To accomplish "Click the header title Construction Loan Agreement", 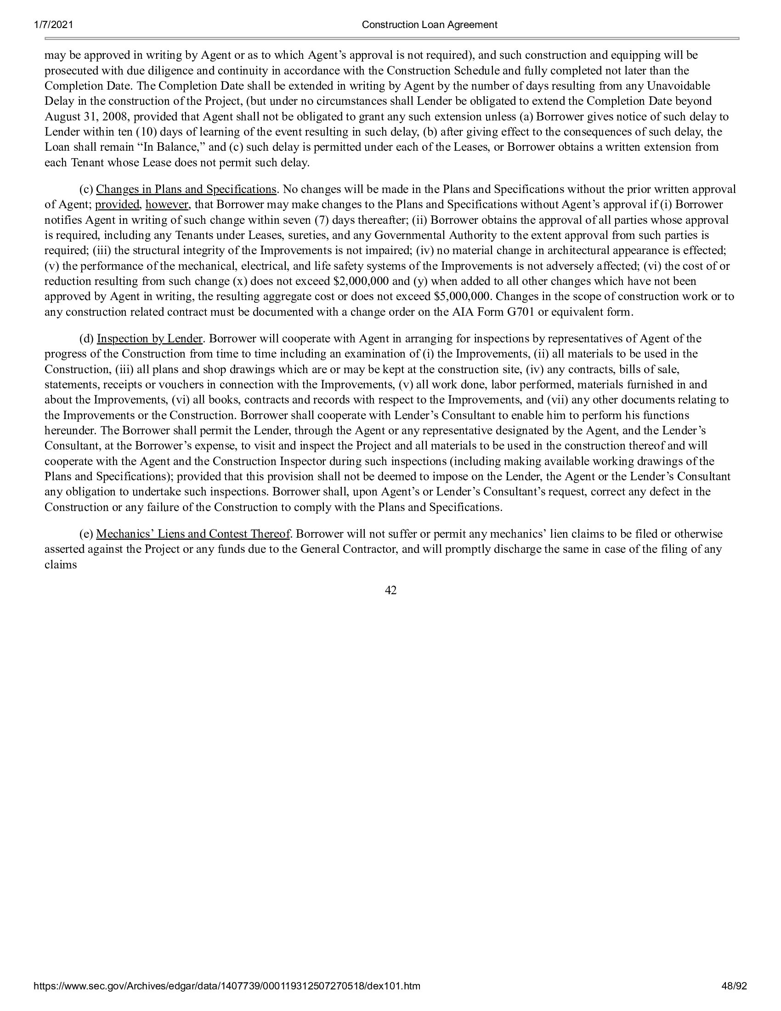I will point(430,25).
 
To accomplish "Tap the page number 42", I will point(390,590).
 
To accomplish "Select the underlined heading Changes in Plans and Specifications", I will point(186,189).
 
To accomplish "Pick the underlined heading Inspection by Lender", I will point(149,339).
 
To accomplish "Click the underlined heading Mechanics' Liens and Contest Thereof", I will point(192,534).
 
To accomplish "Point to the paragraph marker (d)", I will point(86,339).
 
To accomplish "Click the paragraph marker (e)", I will point(86,534).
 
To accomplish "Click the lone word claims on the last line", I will point(61,565).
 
